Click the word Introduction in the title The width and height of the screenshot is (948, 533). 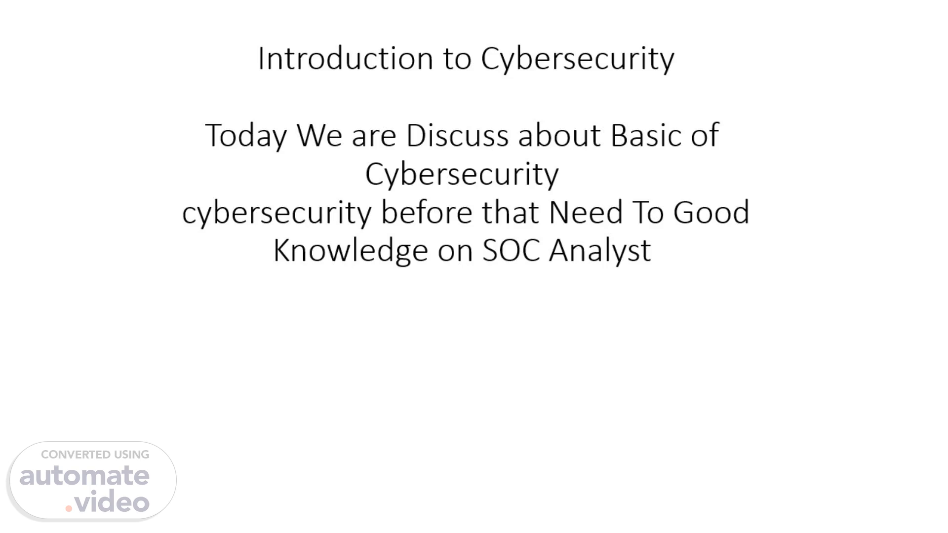point(346,58)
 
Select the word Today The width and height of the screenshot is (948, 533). point(246,136)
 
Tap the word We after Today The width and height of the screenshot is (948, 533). point(319,135)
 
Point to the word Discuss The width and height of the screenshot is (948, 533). point(457,135)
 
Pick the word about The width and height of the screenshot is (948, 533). point(559,135)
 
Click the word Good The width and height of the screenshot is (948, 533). point(711,212)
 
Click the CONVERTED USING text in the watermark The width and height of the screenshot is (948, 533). point(95,455)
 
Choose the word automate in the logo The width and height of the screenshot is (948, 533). point(84,476)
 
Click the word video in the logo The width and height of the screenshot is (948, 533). point(112,502)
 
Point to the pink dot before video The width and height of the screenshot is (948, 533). point(69,508)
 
